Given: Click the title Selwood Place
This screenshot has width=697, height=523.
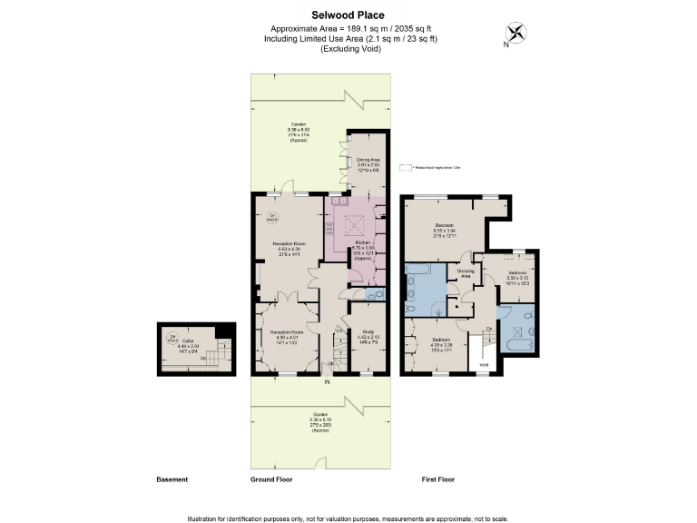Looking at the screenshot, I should tap(348, 15).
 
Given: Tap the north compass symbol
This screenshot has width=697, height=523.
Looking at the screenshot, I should tap(516, 33).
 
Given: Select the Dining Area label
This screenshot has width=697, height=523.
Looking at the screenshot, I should tap(367, 159).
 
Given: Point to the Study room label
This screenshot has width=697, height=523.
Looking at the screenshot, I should tap(368, 332).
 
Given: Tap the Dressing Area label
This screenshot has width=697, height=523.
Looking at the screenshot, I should tap(466, 271).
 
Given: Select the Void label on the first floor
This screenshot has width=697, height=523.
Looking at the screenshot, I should tap(484, 364).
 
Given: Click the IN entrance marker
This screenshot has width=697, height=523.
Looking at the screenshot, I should tap(326, 381).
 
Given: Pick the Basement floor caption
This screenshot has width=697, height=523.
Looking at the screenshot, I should tap(172, 479).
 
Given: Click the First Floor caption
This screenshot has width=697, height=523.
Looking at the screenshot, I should tap(438, 479).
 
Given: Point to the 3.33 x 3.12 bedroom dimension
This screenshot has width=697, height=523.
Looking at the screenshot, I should tap(517, 278).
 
